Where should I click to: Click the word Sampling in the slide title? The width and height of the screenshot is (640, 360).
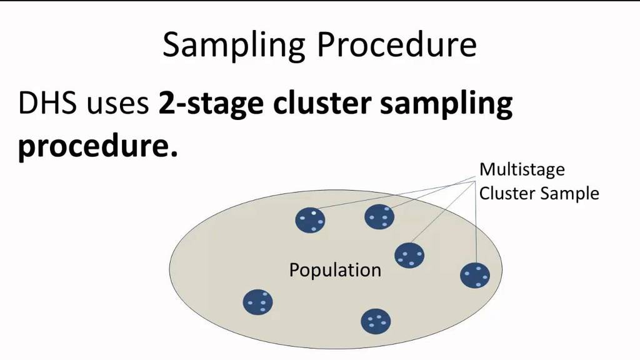tap(234, 45)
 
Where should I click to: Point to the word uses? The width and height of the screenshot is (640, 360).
tap(118, 106)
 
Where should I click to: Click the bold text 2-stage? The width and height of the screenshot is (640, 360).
tap(211, 105)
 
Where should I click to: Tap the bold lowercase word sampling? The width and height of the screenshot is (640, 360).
tap(446, 105)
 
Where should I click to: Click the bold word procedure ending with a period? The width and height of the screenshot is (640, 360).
tap(98, 146)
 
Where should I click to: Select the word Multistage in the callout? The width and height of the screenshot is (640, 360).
tap(522, 170)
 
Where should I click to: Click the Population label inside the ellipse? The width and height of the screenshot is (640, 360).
tap(335, 270)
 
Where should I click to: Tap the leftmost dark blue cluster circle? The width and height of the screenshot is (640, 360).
tap(258, 302)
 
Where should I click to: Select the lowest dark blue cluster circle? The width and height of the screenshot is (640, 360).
tap(376, 321)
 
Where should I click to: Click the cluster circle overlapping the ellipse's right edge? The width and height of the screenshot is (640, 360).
tap(475, 276)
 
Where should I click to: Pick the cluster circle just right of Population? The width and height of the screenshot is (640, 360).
tap(409, 256)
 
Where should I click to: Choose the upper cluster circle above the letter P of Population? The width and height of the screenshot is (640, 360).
tap(310, 220)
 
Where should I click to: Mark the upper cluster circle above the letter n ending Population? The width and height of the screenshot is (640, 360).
tap(379, 217)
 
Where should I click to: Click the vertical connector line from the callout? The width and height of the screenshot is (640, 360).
tap(476, 222)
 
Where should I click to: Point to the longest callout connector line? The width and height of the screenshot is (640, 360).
tap(396, 195)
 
